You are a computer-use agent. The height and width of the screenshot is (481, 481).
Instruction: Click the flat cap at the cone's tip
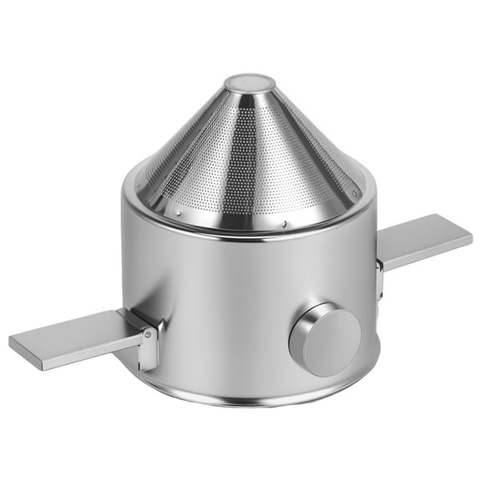pos(249,82)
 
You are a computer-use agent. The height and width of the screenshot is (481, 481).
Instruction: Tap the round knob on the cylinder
pos(325,339)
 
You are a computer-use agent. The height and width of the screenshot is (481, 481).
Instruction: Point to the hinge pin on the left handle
pos(147,334)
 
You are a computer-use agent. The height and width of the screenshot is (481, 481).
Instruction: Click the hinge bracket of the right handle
pos(380,276)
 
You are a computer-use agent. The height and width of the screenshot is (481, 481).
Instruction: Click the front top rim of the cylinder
pos(251,238)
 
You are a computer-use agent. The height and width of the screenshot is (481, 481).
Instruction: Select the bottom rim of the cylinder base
pos(251,402)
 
